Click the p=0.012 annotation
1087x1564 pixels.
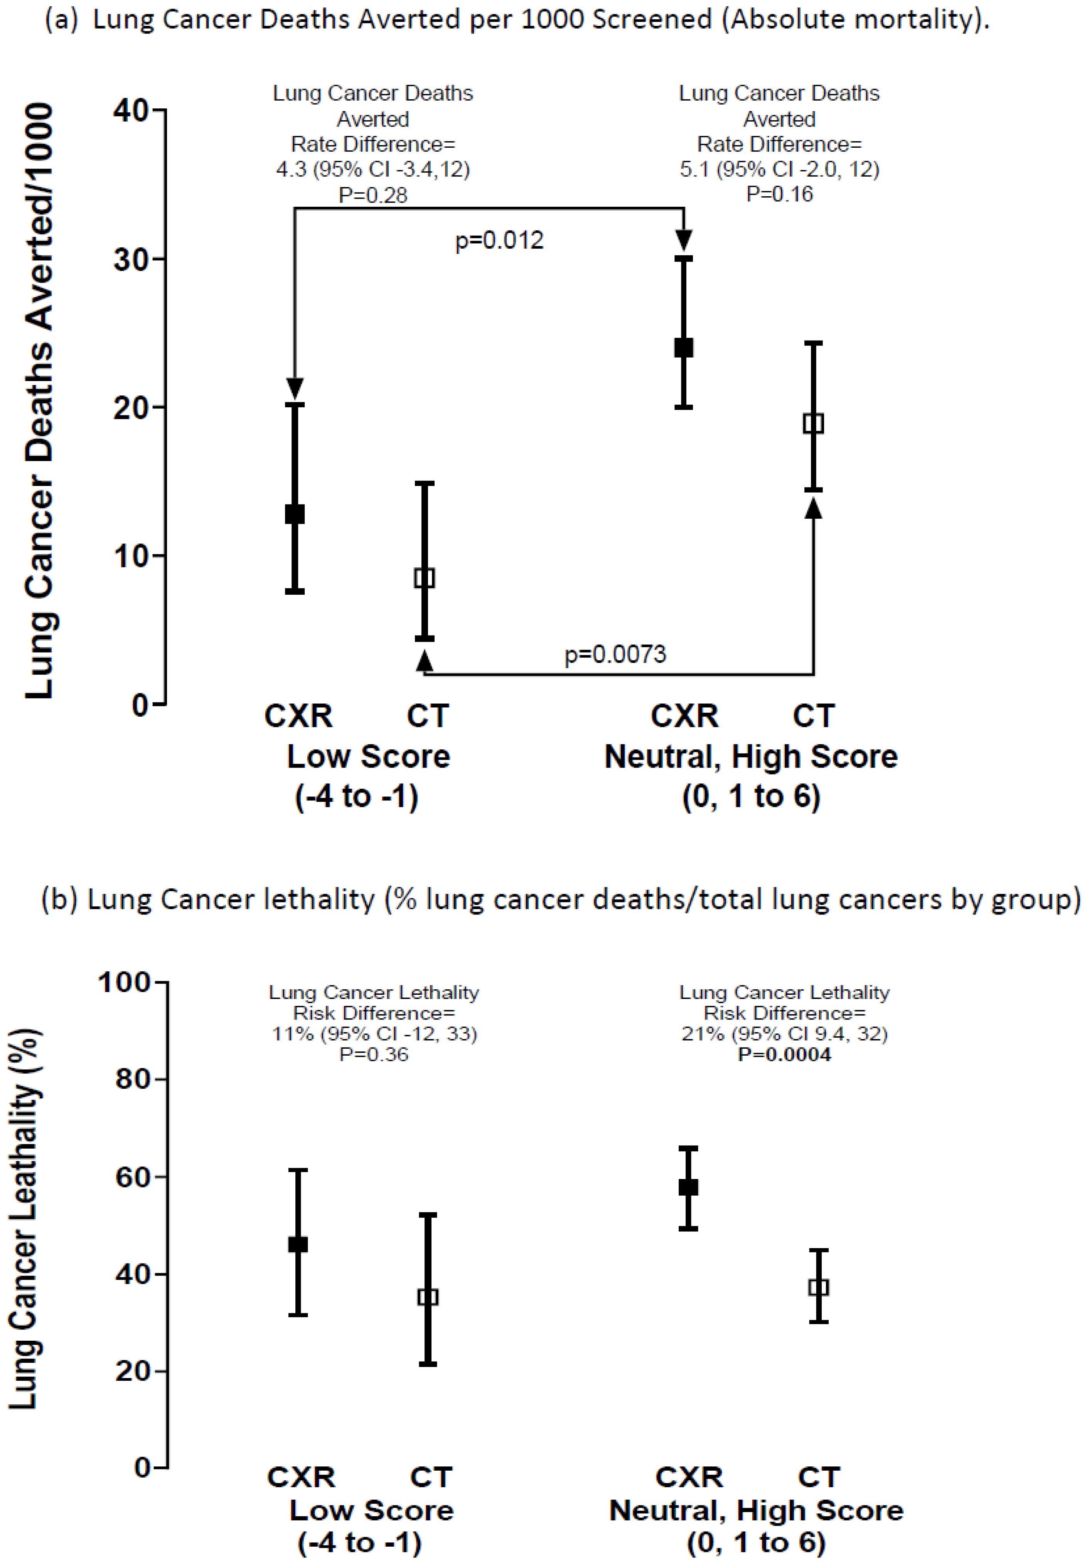point(499,240)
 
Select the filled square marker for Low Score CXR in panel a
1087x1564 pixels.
point(294,514)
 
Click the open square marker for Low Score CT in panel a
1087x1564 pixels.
point(424,578)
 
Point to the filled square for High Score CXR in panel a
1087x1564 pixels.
point(684,348)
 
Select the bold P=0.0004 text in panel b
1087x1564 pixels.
point(785,1055)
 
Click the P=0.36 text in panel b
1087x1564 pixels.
point(374,1055)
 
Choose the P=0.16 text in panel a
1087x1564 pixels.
point(779,194)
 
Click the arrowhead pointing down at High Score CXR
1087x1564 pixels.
point(684,240)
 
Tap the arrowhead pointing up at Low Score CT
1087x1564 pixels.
point(424,660)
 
